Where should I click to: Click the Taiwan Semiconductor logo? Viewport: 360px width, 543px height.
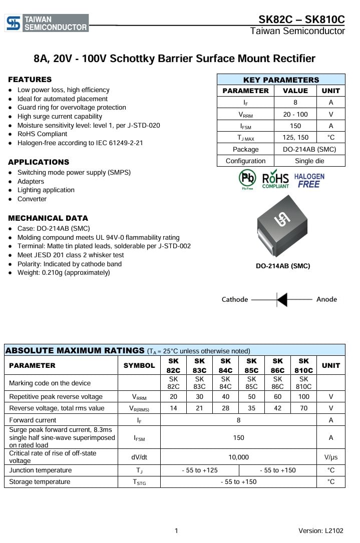click(x=47, y=23)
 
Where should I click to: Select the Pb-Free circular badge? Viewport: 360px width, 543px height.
click(x=247, y=179)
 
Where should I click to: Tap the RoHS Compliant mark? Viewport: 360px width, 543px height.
click(x=275, y=179)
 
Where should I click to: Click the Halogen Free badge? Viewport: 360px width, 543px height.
click(x=309, y=180)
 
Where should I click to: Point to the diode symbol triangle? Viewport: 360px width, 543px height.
click(x=282, y=299)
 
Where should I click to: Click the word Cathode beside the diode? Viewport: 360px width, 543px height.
click(x=235, y=299)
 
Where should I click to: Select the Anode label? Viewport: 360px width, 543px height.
click(x=326, y=299)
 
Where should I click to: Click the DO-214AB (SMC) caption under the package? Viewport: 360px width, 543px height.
click(x=283, y=266)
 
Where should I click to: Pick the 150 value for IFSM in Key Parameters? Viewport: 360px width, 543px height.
click(x=295, y=126)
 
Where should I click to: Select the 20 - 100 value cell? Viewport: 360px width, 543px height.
click(x=295, y=114)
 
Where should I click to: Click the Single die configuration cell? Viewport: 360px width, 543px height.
click(x=309, y=161)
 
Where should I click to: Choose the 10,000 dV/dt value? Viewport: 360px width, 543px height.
click(x=238, y=457)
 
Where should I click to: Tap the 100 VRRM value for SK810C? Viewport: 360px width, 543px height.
click(x=303, y=396)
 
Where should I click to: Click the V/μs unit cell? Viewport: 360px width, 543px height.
click(x=330, y=457)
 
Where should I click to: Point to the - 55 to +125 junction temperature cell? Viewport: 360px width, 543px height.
click(x=199, y=470)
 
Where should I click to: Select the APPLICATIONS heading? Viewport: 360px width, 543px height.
click(x=39, y=162)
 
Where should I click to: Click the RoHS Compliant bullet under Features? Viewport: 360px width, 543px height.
click(x=42, y=134)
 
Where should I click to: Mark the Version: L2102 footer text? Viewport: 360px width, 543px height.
click(x=320, y=530)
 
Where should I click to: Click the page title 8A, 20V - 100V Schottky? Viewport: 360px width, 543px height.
click(x=174, y=59)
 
